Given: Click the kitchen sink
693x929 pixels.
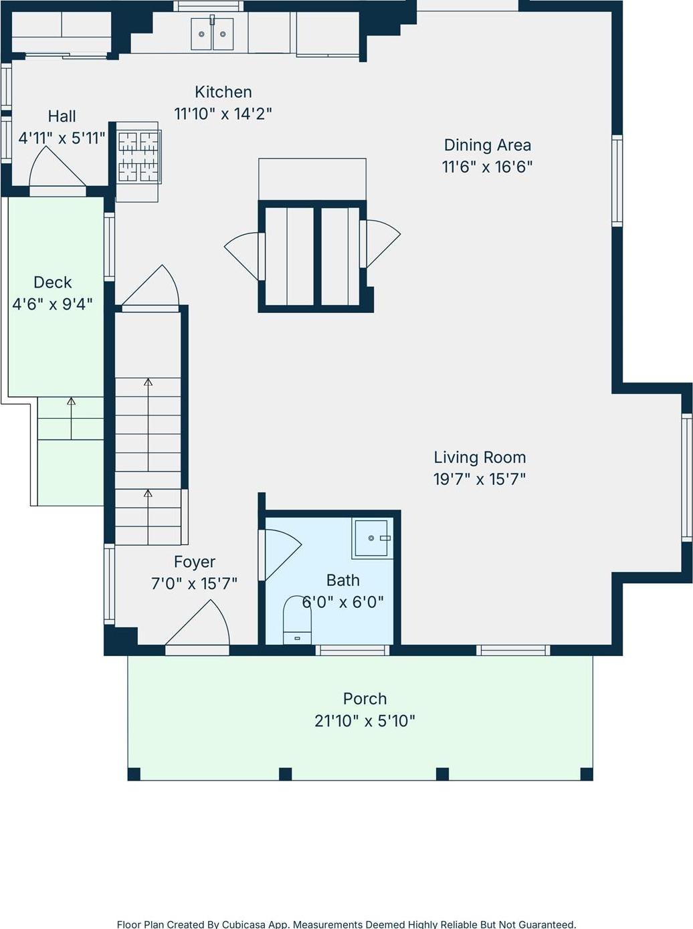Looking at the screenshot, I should pyautogui.click(x=212, y=34).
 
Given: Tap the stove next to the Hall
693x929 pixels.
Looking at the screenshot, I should pyautogui.click(x=138, y=157).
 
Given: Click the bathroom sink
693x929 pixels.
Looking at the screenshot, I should pyautogui.click(x=371, y=538).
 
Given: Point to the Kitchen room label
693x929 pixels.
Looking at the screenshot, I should pyautogui.click(x=223, y=92).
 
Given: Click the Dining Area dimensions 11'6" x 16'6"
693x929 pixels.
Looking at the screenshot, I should pyautogui.click(x=487, y=167).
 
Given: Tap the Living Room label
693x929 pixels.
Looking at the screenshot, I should pyautogui.click(x=480, y=457).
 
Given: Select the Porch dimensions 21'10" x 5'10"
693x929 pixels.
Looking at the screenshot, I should pyautogui.click(x=365, y=721).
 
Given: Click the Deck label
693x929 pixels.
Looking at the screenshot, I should pyautogui.click(x=52, y=282).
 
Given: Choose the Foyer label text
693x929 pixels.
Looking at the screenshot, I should pyautogui.click(x=195, y=562).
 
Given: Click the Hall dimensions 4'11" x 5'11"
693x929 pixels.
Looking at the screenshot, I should pyautogui.click(x=62, y=138).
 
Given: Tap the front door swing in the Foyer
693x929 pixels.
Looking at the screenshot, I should pyautogui.click(x=201, y=625).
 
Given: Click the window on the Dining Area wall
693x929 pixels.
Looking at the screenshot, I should pyautogui.click(x=617, y=181).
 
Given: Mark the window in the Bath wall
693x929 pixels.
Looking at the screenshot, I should pyautogui.click(x=353, y=650).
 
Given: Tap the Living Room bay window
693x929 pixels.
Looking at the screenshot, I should pyautogui.click(x=686, y=477).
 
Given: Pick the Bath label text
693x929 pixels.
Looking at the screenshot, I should pyautogui.click(x=342, y=581).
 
